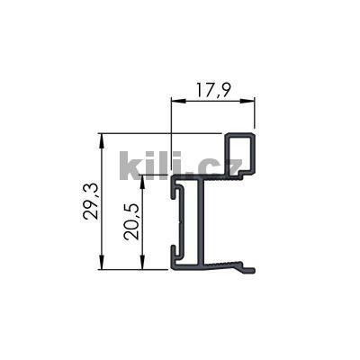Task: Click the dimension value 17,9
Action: [x=212, y=89]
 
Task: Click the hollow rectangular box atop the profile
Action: [x=241, y=153]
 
